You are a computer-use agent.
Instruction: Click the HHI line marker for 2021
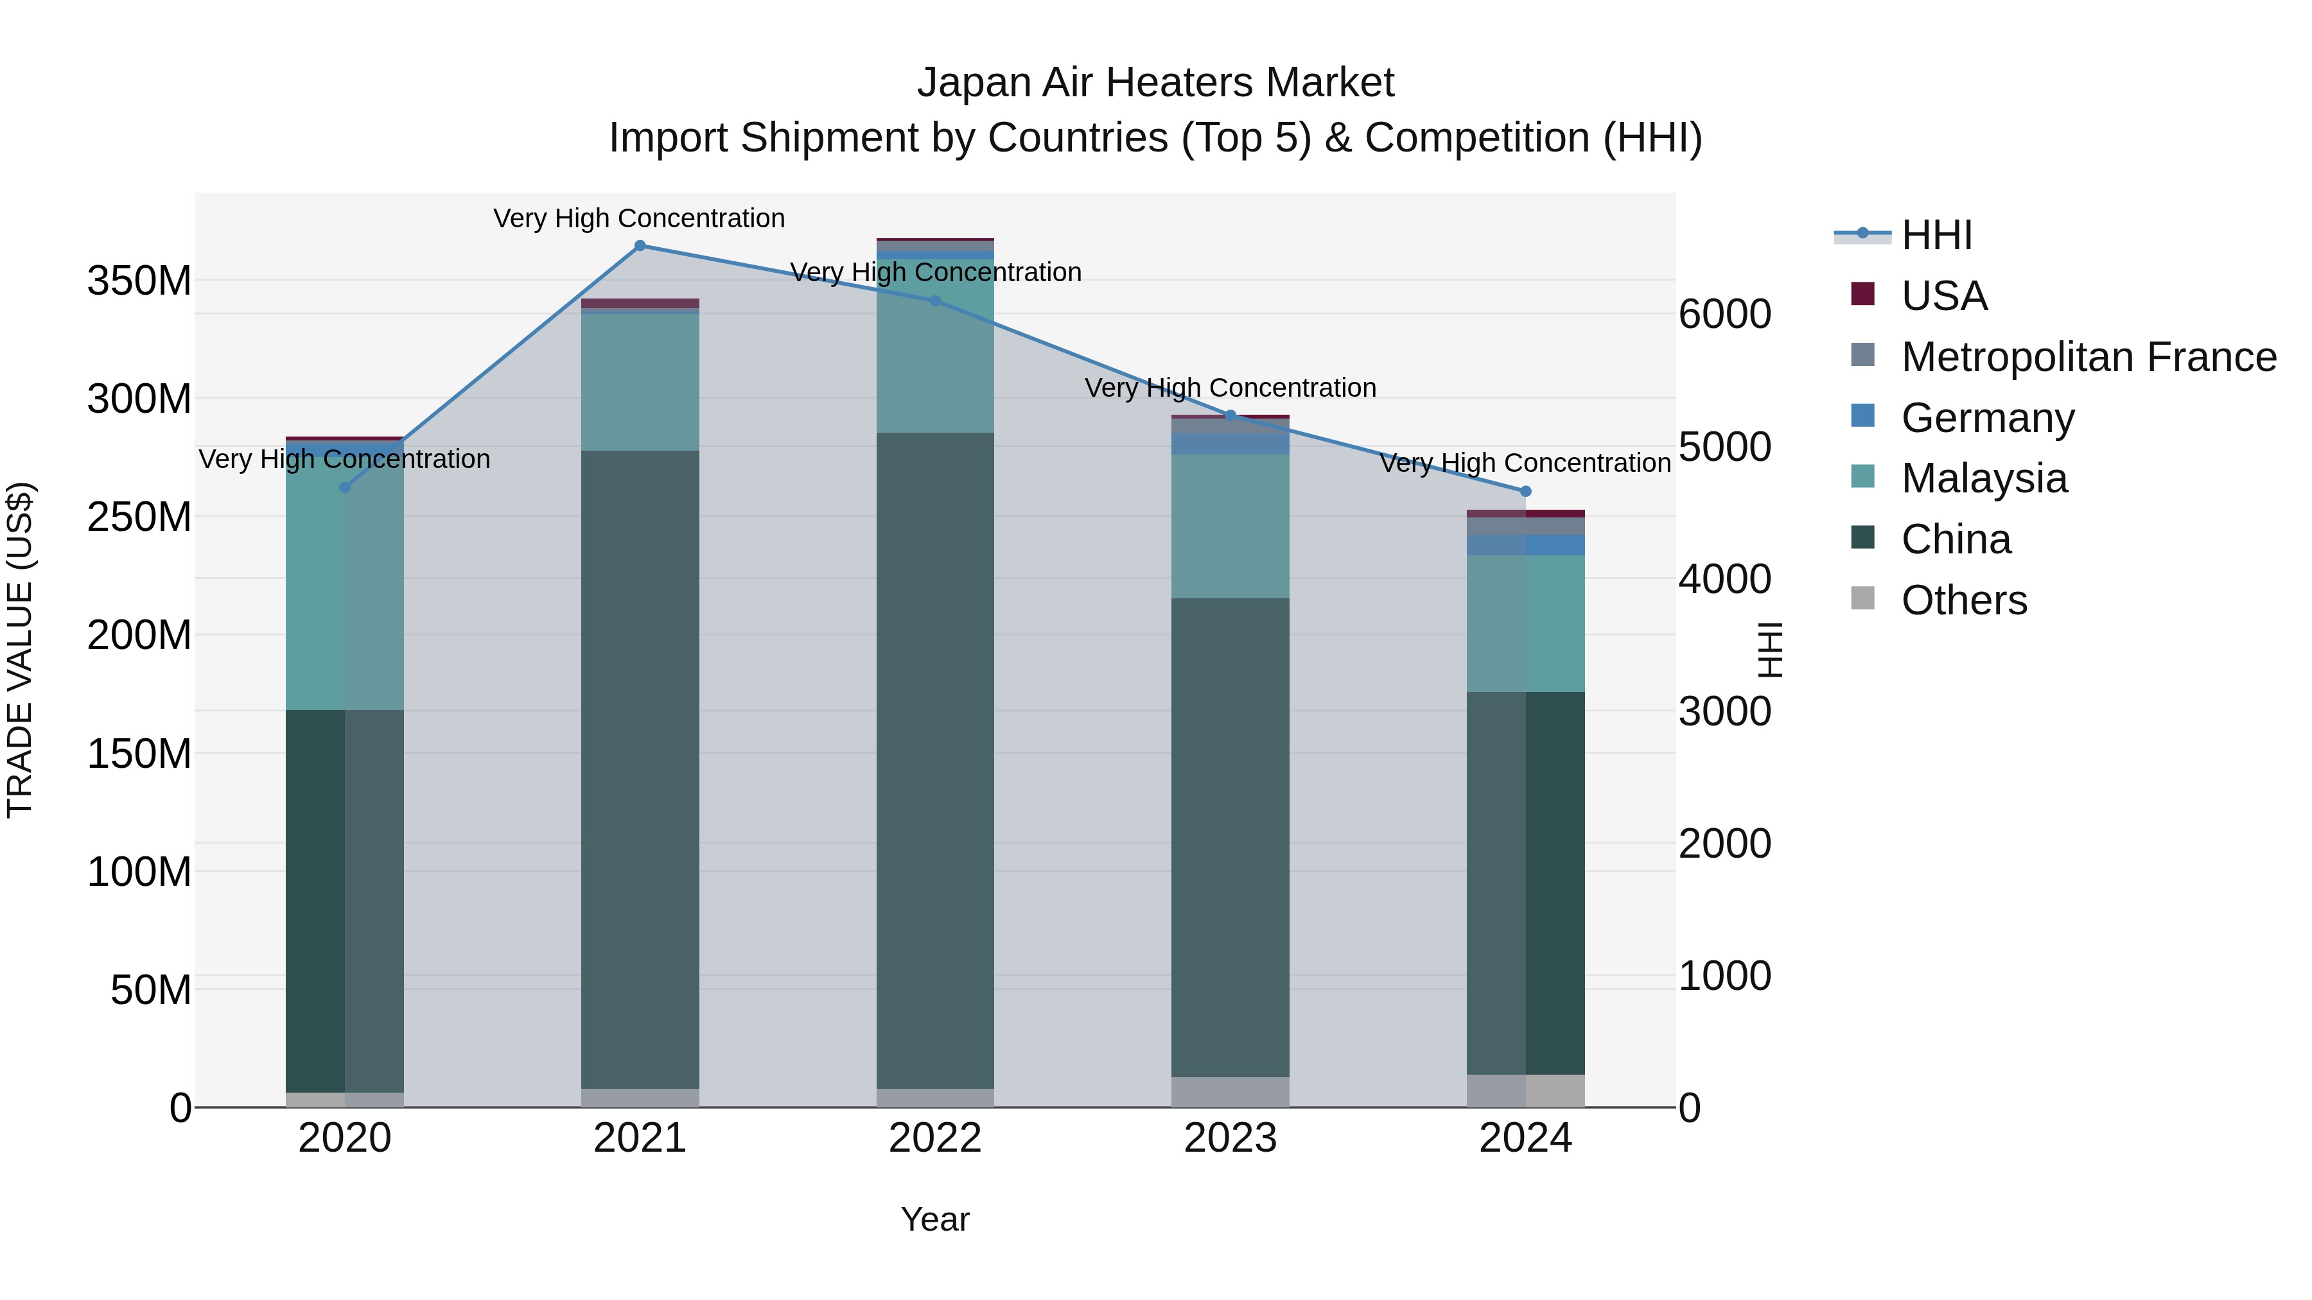[640, 246]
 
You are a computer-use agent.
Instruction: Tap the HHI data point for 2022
[935, 300]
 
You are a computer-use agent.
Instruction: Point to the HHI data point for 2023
[1230, 415]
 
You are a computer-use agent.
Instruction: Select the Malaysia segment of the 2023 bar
[1230, 526]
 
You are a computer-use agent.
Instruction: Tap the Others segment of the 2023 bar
[1230, 1092]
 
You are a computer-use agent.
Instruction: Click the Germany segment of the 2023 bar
[1230, 444]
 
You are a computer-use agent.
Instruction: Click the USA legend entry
[1944, 296]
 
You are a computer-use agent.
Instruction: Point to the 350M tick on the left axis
[139, 281]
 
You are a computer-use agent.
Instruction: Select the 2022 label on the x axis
[935, 1138]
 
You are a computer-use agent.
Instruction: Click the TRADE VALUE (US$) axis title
[20, 650]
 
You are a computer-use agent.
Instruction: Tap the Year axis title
[935, 1219]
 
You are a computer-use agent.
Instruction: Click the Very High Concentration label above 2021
[639, 218]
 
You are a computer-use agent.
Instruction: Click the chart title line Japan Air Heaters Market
[1155, 83]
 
